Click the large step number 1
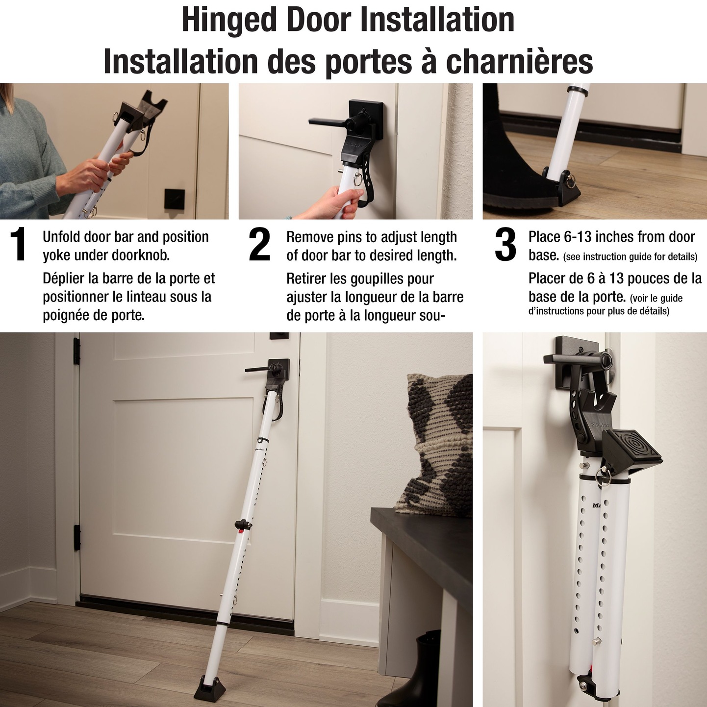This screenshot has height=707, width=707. tap(18, 245)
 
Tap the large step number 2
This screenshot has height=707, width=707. tap(259, 245)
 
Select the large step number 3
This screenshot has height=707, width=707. tap(505, 245)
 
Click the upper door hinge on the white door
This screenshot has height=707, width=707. tap(76, 351)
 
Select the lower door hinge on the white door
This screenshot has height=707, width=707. tap(77, 537)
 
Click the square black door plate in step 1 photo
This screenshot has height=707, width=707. tap(174, 199)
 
